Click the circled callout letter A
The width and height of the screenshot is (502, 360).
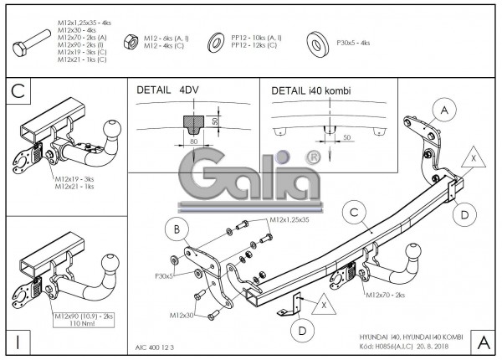tap(445, 111)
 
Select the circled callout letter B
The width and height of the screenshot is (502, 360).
tap(176, 229)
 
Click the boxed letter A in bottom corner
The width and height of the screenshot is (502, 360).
tap(483, 341)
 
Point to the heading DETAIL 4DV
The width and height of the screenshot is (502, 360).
tap(165, 90)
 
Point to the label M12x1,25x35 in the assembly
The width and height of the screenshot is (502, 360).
tap(289, 219)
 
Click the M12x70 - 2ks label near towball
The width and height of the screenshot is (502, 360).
tap(386, 295)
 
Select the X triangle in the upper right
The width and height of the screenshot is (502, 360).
tap(474, 157)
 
